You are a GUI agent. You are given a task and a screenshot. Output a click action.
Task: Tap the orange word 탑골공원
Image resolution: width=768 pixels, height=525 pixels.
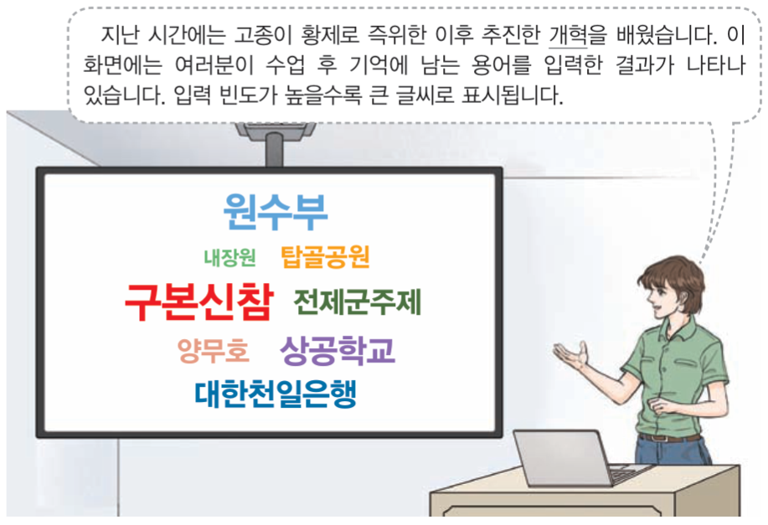[x=325, y=256]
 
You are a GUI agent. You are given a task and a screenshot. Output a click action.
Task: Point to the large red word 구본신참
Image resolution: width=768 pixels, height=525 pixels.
[x=198, y=303]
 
